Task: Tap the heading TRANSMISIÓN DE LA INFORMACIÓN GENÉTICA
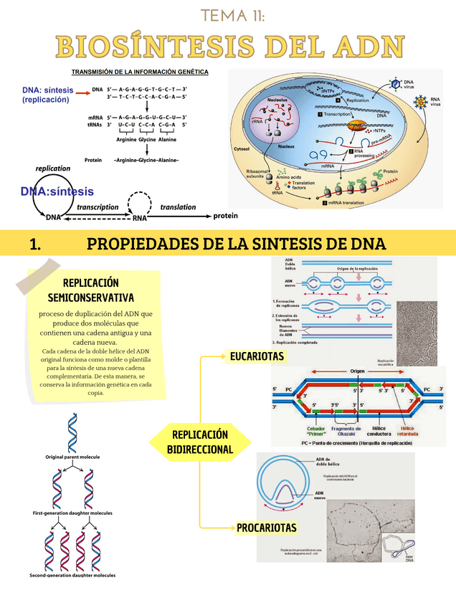click(140, 72)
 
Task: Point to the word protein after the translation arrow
click(225, 215)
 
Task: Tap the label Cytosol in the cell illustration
click(242, 149)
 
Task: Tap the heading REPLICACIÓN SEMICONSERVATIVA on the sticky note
click(90, 290)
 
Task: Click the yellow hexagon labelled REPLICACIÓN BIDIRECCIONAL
click(200, 442)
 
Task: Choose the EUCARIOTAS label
click(257, 356)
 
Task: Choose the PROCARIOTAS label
click(266, 528)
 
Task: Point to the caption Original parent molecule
click(72, 457)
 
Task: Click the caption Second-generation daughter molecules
click(72, 575)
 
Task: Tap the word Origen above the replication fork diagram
click(358, 371)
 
